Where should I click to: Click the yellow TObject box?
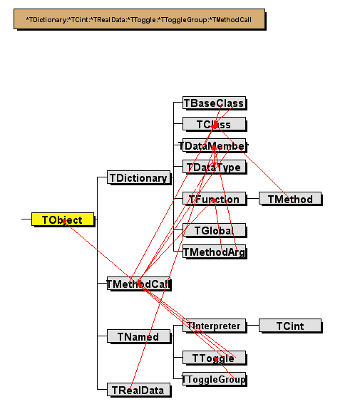[x=63, y=220]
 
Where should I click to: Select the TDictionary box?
[x=138, y=177]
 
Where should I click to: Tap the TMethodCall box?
[x=138, y=284]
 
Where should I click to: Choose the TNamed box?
[x=138, y=336]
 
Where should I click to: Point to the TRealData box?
[x=138, y=390]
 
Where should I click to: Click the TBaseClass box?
[x=214, y=103]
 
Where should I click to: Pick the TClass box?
[x=214, y=125]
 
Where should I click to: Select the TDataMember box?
[x=214, y=146]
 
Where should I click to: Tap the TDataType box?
[x=214, y=167]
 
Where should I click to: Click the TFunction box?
[x=214, y=199]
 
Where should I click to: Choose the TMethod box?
[x=290, y=199]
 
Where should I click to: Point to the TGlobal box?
[x=214, y=230]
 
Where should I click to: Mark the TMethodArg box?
[x=214, y=252]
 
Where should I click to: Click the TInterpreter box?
[x=214, y=326]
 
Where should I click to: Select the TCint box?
[x=290, y=326]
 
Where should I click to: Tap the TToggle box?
[x=214, y=358]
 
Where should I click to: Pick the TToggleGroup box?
[x=214, y=379]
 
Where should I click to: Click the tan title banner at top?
[x=140, y=20]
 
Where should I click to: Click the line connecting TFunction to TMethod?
[x=252, y=199]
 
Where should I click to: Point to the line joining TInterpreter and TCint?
[x=252, y=326]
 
